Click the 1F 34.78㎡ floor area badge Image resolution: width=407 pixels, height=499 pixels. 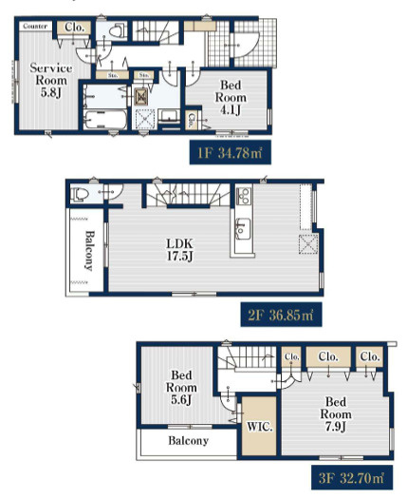[x=230, y=152]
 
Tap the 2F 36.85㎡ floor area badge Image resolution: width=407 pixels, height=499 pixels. [x=281, y=315]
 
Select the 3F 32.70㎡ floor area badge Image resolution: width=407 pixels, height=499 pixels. [x=352, y=477]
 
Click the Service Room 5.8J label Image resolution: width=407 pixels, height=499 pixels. [x=51, y=80]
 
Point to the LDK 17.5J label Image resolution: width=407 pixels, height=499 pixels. [x=180, y=250]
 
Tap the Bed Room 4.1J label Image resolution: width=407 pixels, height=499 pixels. [x=231, y=97]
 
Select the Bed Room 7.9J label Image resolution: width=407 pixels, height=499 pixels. [x=336, y=414]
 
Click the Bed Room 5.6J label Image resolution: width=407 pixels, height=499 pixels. [x=181, y=387]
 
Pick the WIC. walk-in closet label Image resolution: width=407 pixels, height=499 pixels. [x=260, y=427]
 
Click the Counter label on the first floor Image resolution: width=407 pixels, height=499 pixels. [x=35, y=26]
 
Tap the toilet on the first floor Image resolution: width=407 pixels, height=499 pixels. [x=118, y=31]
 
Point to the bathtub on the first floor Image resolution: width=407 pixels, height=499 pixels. [x=105, y=120]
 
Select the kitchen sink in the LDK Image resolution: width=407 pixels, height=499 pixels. [x=242, y=228]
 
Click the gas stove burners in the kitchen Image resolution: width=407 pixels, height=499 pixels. [x=244, y=196]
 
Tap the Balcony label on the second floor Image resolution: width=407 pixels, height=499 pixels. [x=89, y=251]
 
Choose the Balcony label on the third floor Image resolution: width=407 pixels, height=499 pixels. [x=188, y=441]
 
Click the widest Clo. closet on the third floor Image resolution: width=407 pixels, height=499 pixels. [x=328, y=356]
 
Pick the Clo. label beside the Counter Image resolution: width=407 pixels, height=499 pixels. [x=74, y=28]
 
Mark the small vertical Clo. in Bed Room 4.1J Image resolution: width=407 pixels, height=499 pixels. [x=192, y=121]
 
